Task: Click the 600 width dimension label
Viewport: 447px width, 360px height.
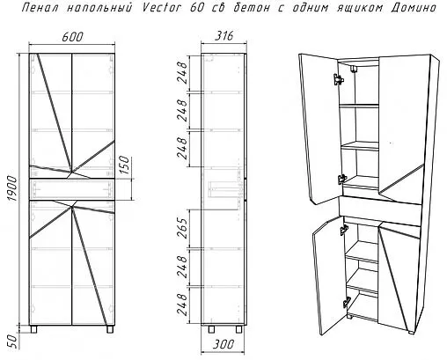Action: click(x=73, y=37)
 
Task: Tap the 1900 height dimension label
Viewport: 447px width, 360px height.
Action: click(x=13, y=188)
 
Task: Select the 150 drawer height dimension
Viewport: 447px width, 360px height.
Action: click(x=124, y=165)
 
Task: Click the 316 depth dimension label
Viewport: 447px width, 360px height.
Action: click(x=224, y=36)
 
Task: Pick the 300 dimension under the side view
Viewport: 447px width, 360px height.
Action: click(x=223, y=345)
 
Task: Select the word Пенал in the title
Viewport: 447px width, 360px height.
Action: click(x=40, y=8)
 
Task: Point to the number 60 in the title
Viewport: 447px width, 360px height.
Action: click(x=197, y=8)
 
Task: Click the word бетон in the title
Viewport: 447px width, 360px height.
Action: click(x=251, y=8)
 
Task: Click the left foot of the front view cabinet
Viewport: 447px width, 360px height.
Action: click(x=33, y=329)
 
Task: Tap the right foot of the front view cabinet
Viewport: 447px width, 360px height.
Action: click(x=110, y=329)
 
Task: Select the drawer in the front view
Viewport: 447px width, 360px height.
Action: click(x=72, y=189)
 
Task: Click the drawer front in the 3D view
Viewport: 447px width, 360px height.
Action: click(x=380, y=211)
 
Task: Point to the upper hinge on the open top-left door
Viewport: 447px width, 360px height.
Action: click(x=338, y=79)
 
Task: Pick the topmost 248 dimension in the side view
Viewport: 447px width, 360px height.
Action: click(x=182, y=73)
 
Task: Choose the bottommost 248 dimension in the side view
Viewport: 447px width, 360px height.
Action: click(x=182, y=305)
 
